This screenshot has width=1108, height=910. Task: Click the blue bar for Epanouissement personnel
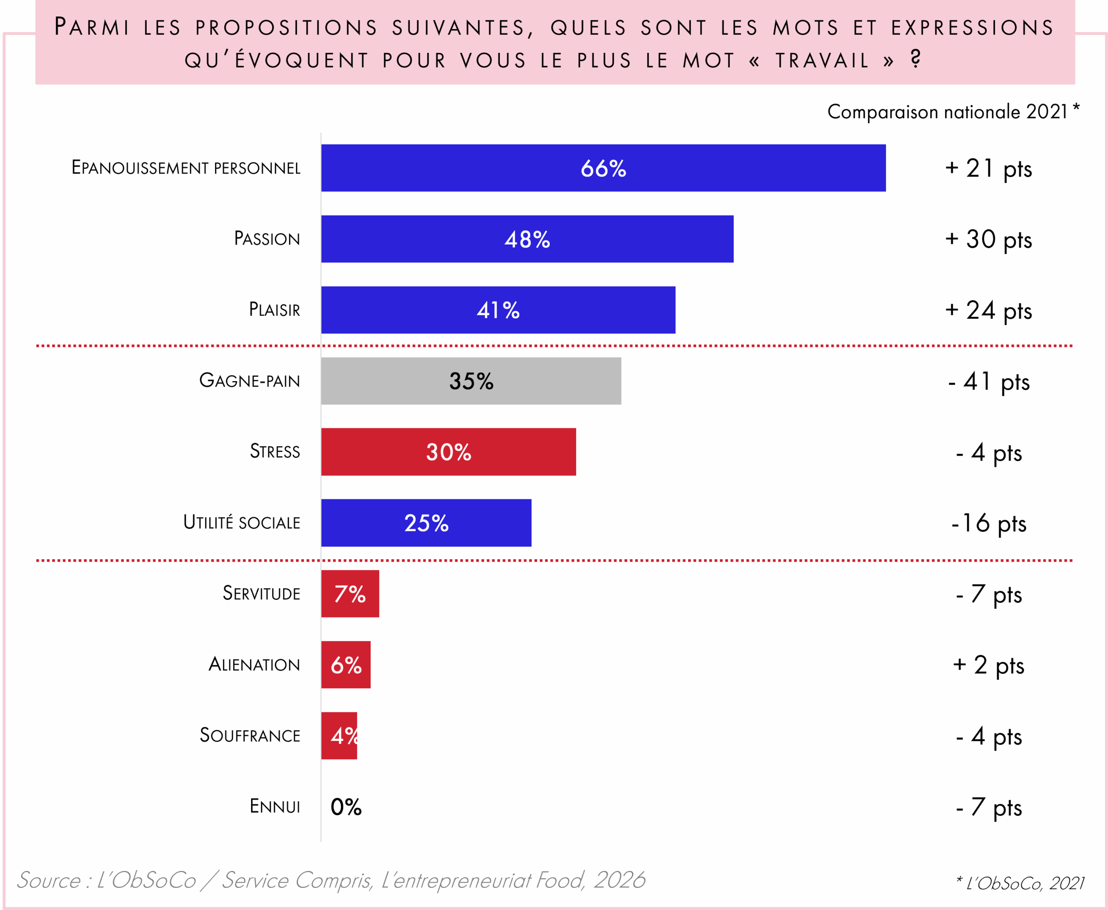pyautogui.click(x=603, y=168)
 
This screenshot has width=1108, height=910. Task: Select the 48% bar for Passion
pyautogui.click(x=527, y=239)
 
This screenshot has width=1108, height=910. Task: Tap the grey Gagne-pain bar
pyautogui.click(x=471, y=381)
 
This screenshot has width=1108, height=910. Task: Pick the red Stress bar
pyautogui.click(x=448, y=452)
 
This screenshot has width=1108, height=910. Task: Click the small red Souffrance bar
pyautogui.click(x=339, y=736)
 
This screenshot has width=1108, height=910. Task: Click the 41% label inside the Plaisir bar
pyautogui.click(x=498, y=310)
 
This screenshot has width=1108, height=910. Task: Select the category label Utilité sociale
pyautogui.click(x=242, y=523)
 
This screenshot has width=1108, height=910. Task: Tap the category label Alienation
pyautogui.click(x=254, y=665)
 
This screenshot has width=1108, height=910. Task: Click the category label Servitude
pyautogui.click(x=261, y=593)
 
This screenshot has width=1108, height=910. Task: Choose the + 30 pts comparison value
pyautogui.click(x=989, y=240)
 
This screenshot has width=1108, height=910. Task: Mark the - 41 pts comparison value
pyautogui.click(x=989, y=382)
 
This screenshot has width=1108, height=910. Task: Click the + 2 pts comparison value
pyautogui.click(x=989, y=665)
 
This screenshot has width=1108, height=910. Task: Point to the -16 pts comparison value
pyautogui.click(x=989, y=523)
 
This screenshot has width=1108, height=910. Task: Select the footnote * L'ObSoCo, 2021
pyautogui.click(x=1020, y=883)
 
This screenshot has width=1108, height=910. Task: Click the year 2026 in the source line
pyautogui.click(x=619, y=880)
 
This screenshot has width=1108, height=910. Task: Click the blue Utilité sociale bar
pyautogui.click(x=426, y=523)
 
